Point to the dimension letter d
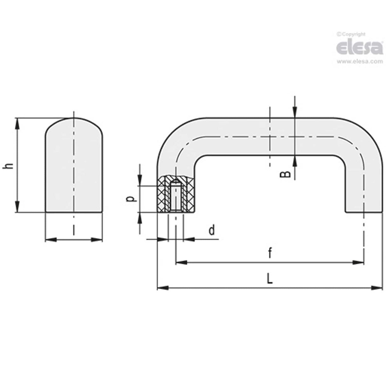(x=212, y=230)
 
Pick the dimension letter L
(x=270, y=279)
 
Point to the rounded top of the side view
(x=74, y=120)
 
